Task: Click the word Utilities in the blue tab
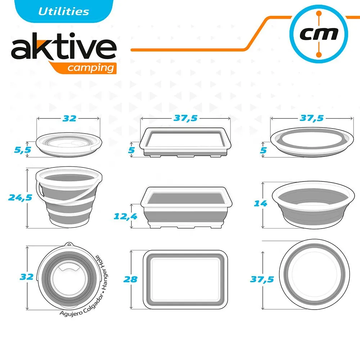(x=64, y=12)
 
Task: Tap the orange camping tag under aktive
(x=85, y=68)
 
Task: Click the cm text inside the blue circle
(x=319, y=34)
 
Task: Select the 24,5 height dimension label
(x=20, y=197)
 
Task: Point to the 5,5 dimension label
(x=22, y=150)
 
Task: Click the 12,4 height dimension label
(x=125, y=216)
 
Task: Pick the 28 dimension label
(x=130, y=279)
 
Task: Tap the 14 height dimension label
(x=260, y=203)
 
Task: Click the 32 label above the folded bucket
(x=69, y=118)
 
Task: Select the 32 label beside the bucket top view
(x=27, y=277)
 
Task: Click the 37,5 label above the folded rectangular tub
(x=185, y=118)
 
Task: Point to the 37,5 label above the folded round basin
(x=311, y=118)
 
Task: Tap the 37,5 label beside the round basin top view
(x=262, y=279)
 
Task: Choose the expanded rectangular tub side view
(x=186, y=207)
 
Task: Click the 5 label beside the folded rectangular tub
(x=131, y=150)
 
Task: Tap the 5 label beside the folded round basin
(x=263, y=150)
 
